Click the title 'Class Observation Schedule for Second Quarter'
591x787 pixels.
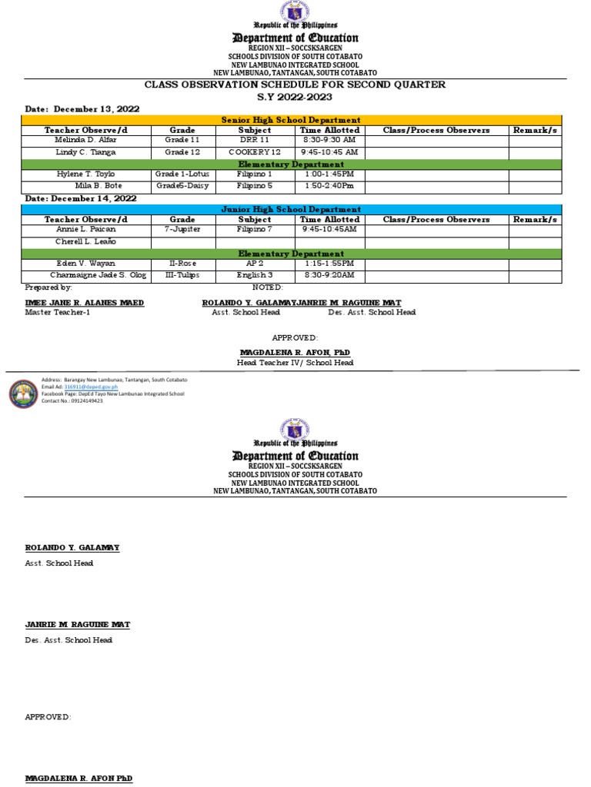[x=295, y=85]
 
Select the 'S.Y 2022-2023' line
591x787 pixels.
[x=295, y=97]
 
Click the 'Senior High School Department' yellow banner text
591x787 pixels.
[x=291, y=120]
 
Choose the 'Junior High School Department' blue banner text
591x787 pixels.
[x=291, y=209]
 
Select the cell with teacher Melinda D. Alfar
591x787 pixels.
[x=85, y=141]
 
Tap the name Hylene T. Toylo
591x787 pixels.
[x=85, y=174]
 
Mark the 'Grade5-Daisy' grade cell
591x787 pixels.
[x=182, y=186]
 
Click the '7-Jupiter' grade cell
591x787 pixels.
[x=182, y=230]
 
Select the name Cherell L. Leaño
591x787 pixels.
[x=85, y=242]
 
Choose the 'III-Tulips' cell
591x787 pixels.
[x=182, y=275]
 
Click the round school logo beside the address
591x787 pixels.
[x=23, y=393]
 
